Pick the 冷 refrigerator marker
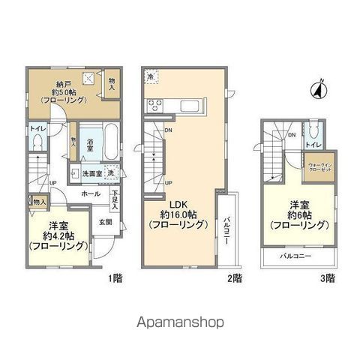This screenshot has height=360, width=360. tap(150, 78)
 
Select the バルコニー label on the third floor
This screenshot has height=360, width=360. tap(295, 256)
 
